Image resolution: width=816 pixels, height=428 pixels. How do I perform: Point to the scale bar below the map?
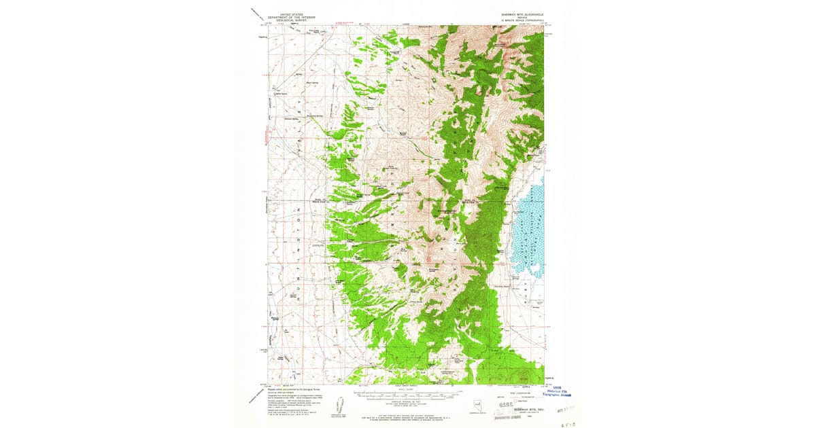[406, 393]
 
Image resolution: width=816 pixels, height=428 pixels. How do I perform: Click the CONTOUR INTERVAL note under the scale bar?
[406, 400]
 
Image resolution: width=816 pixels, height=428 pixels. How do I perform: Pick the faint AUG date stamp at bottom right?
[564, 410]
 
